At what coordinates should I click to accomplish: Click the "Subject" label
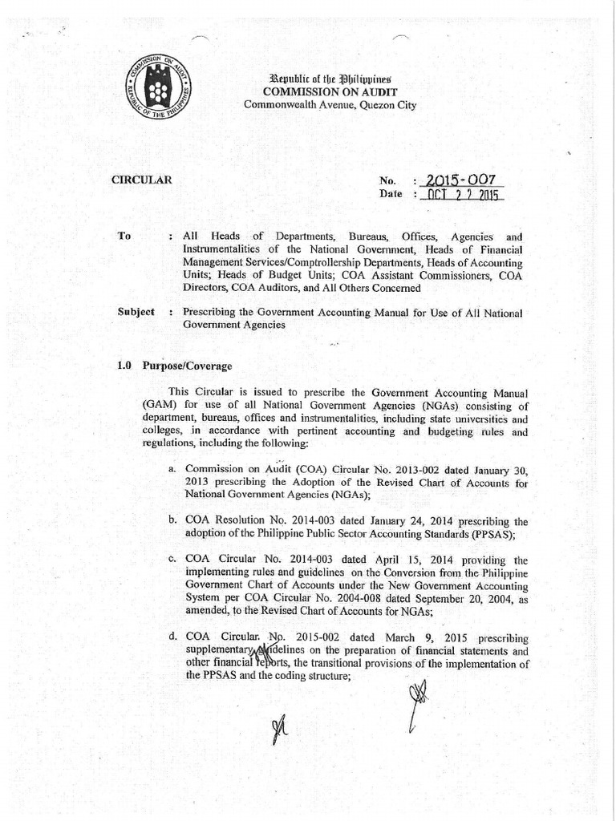coord(136,311)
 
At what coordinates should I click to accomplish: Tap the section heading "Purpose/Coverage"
coord(187,366)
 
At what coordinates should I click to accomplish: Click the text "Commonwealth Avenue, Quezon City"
coord(330,105)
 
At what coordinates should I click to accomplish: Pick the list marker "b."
coord(172,521)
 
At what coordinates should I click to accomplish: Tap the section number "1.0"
coord(124,366)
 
